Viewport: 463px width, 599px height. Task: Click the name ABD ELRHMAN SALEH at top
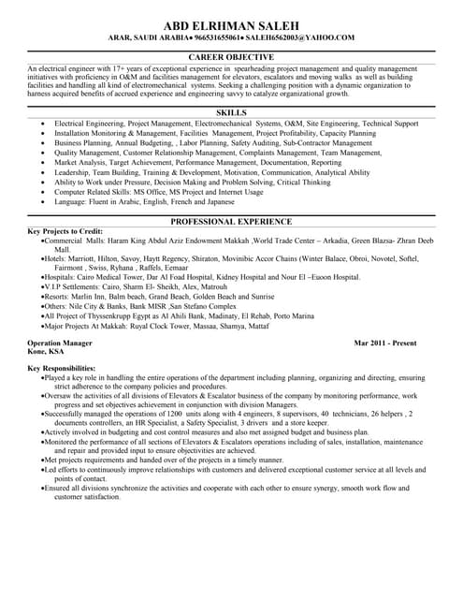(231, 23)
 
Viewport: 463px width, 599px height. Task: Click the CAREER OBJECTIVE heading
(231, 57)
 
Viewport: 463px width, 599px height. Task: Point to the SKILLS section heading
(231, 112)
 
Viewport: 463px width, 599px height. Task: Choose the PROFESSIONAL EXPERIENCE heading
(231, 221)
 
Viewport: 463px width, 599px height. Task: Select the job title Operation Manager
(60, 343)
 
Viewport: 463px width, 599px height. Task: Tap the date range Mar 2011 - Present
(385, 343)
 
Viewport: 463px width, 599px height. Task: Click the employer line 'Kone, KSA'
(46, 352)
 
